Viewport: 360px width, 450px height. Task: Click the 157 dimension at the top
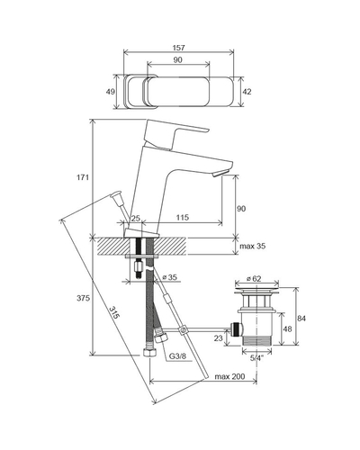tap(178, 48)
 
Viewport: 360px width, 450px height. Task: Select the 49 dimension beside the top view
tap(111, 92)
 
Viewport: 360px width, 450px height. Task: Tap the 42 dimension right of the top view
tap(247, 92)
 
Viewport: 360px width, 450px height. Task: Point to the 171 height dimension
tap(83, 177)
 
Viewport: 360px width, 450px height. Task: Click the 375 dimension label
tap(83, 298)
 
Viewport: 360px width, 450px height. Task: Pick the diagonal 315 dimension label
tap(114, 312)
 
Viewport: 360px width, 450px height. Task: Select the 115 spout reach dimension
tap(183, 217)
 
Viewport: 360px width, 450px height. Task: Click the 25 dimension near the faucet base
tap(136, 218)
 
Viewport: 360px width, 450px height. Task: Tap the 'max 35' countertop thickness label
tap(253, 247)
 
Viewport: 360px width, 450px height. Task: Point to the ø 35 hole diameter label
tap(169, 277)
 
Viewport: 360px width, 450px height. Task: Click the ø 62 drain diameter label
tap(254, 278)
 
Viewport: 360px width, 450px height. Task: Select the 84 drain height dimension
tap(301, 318)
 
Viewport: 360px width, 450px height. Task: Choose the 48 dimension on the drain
tap(287, 328)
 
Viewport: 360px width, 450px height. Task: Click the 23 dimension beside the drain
tap(219, 337)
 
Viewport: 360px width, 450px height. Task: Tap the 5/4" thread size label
tap(256, 358)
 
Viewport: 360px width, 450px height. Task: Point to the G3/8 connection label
tap(177, 356)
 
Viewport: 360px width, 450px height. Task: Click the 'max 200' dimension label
tap(229, 376)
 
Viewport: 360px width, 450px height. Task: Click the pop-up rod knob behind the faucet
tap(115, 194)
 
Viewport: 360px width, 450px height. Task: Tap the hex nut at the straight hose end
tap(149, 352)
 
